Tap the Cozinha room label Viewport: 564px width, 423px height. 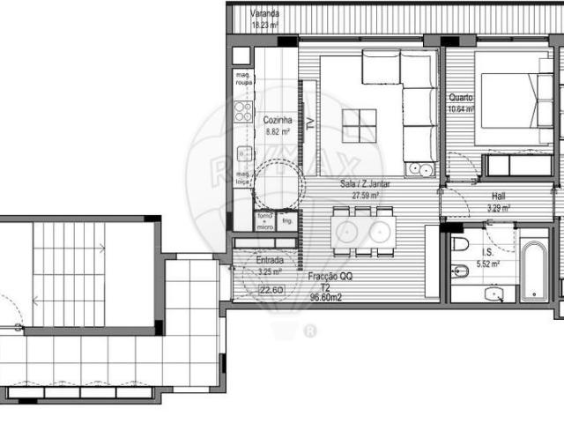[x=278, y=120]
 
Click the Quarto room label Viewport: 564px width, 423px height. [x=460, y=98]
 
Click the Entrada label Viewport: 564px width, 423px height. [x=270, y=261]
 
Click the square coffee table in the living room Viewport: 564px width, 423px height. [x=359, y=125]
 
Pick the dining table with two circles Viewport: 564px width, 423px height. [x=361, y=231]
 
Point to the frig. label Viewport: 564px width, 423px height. [x=287, y=220]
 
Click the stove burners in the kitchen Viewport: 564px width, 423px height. [x=243, y=112]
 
